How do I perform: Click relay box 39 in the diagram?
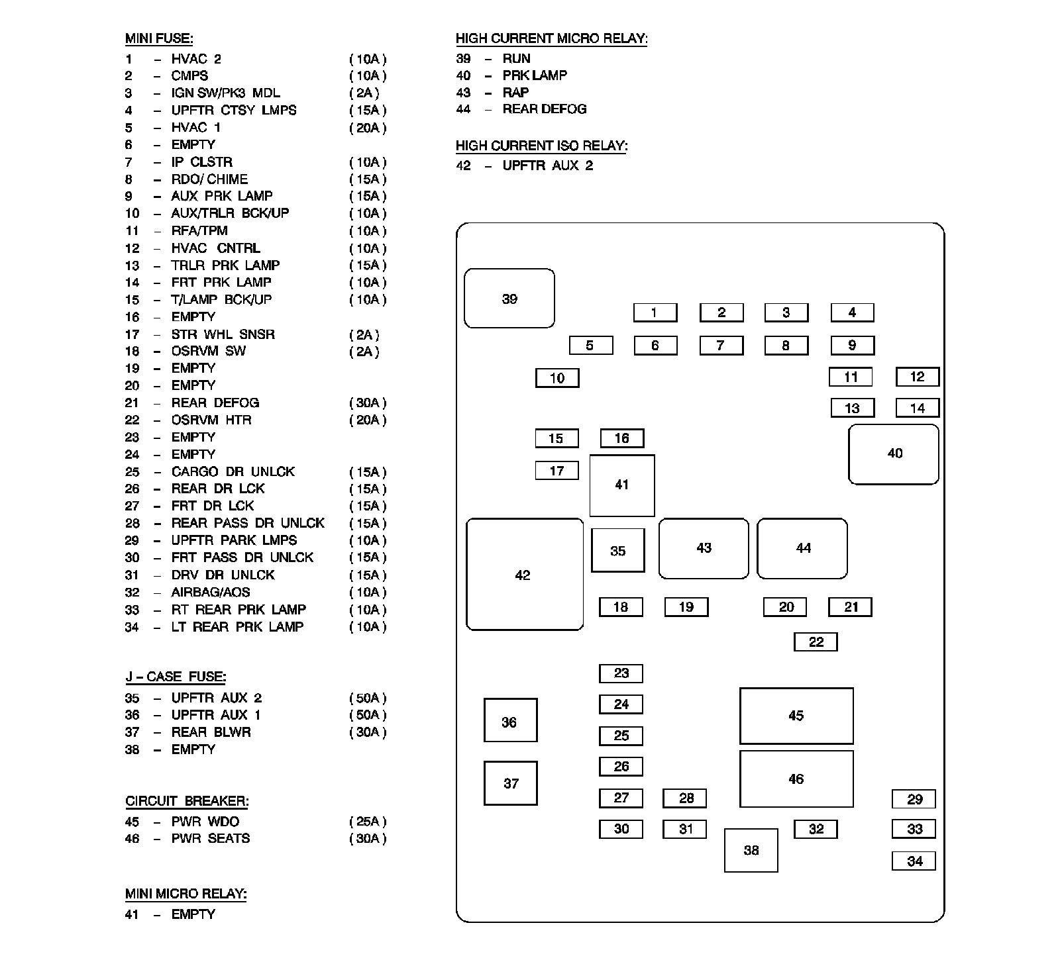click(x=509, y=299)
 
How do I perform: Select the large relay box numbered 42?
click(x=524, y=575)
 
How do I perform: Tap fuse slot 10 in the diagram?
click(x=557, y=378)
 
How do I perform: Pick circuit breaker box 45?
click(x=796, y=716)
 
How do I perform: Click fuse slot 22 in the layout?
click(x=816, y=642)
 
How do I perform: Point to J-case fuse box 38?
click(x=751, y=850)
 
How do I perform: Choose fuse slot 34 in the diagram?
click(x=914, y=861)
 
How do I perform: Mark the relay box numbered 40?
click(x=894, y=454)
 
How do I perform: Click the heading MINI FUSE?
click(x=159, y=39)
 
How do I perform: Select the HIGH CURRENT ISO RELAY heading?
click(x=541, y=146)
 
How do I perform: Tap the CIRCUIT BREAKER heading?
click(x=187, y=801)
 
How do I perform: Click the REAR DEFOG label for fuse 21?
click(x=215, y=403)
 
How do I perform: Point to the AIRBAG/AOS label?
click(x=211, y=592)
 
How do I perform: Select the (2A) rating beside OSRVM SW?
click(x=364, y=352)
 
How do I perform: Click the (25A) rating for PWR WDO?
click(x=368, y=822)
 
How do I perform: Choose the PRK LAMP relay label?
click(x=535, y=75)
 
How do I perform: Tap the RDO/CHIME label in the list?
click(x=209, y=179)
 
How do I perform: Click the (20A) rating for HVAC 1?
click(x=368, y=128)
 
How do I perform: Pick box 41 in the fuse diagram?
click(x=621, y=485)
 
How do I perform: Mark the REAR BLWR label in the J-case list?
click(x=211, y=732)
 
